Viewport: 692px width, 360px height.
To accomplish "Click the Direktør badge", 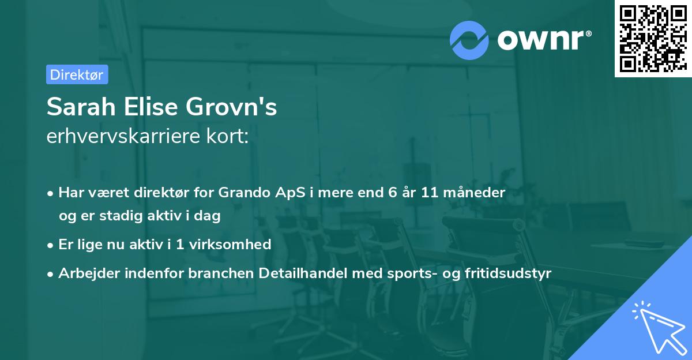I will tap(77, 74).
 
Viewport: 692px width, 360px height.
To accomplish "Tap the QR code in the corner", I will tap(653, 38).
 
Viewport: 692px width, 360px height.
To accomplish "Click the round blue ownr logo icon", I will tap(469, 40).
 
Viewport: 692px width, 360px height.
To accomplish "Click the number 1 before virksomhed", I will tap(180, 244).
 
